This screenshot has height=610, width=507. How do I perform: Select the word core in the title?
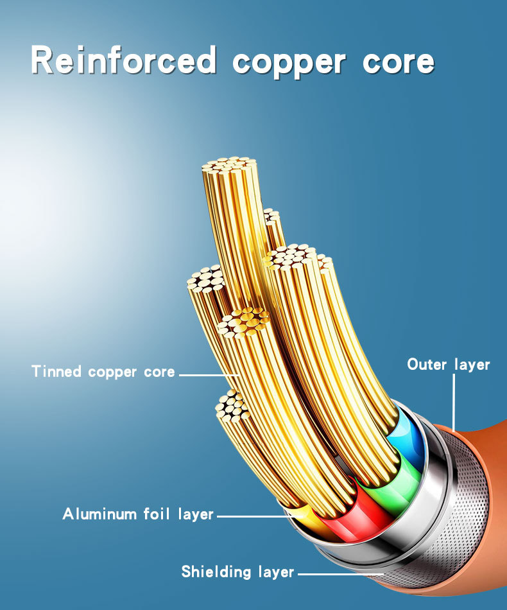click(399, 63)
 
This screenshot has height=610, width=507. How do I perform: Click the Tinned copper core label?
click(103, 371)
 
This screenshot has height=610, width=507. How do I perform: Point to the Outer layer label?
click(448, 365)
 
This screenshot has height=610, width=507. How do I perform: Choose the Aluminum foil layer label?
click(138, 514)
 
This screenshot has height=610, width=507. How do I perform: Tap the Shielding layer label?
click(237, 571)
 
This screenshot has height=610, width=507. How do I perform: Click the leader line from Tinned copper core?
click(209, 372)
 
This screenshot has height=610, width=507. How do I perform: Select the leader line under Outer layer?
click(453, 401)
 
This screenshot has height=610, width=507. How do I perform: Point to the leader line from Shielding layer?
click(340, 573)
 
